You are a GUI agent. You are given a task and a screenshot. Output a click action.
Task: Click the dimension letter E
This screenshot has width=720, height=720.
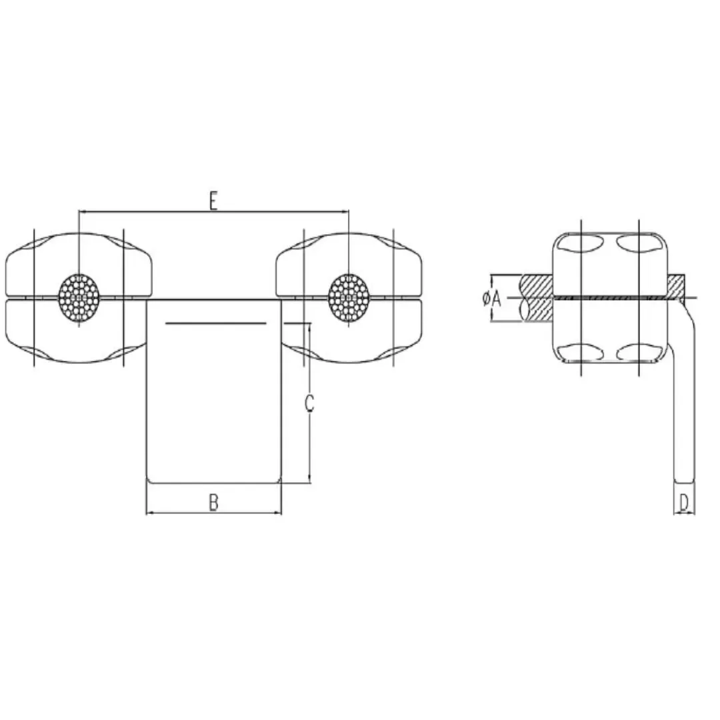pyautogui.click(x=213, y=200)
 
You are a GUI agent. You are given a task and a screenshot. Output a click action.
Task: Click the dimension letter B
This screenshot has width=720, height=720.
pyautogui.click(x=213, y=503)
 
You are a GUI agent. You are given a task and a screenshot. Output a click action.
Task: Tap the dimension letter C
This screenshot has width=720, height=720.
pyautogui.click(x=309, y=404)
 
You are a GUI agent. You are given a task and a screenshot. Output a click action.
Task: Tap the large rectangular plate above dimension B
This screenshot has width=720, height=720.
pyautogui.click(x=213, y=400)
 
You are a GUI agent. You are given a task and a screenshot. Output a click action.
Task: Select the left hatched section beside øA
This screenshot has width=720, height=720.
pyautogui.click(x=537, y=298)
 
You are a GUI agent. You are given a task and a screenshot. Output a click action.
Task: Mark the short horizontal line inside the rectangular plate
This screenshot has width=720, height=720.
pyautogui.click(x=216, y=323)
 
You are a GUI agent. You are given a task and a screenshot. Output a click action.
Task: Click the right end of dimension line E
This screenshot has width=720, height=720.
pyautogui.click(x=348, y=212)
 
